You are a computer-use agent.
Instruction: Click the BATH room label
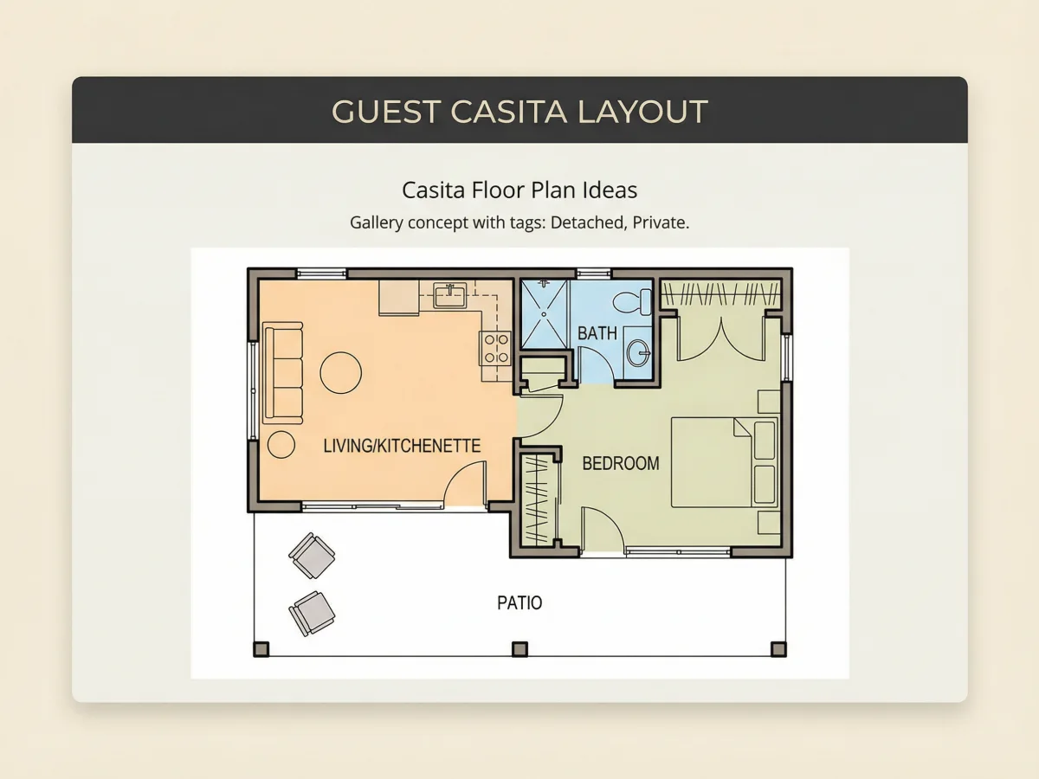pyautogui.click(x=597, y=333)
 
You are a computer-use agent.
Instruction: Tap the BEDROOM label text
pyautogui.click(x=621, y=464)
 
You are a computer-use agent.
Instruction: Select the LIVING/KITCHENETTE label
pyautogui.click(x=402, y=446)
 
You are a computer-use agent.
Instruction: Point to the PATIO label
pyautogui.click(x=519, y=603)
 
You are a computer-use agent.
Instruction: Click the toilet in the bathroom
pyautogui.click(x=632, y=301)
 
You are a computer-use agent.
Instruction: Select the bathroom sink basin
pyautogui.click(x=638, y=353)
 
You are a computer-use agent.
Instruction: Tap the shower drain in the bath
pyautogui.click(x=544, y=314)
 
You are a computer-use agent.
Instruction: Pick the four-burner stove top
pyautogui.click(x=495, y=348)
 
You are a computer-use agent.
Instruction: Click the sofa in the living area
pyautogui.click(x=283, y=373)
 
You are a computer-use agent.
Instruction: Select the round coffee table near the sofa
pyautogui.click(x=341, y=373)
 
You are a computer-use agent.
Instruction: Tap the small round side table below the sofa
pyautogui.click(x=281, y=445)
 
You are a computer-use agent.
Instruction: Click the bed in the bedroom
pyautogui.click(x=724, y=462)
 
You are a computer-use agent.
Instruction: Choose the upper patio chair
pyautogui.click(x=312, y=556)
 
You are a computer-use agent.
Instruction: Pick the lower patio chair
pyautogui.click(x=312, y=614)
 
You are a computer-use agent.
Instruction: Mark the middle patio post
pyautogui.click(x=519, y=649)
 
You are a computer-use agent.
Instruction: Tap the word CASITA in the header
pyautogui.click(x=508, y=112)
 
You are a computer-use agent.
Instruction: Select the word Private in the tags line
pyautogui.click(x=661, y=222)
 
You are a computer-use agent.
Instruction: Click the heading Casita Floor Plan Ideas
pyautogui.click(x=519, y=190)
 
